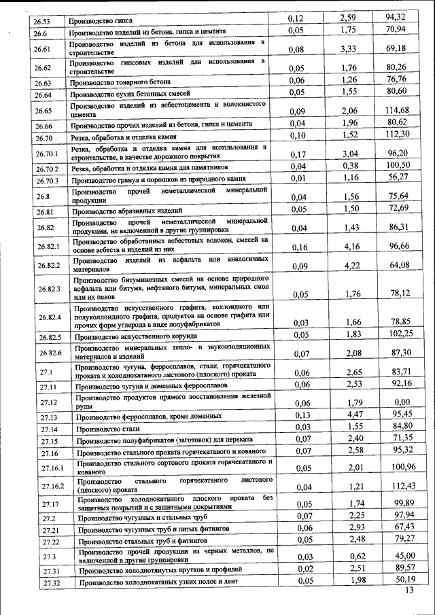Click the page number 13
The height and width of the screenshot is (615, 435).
point(408,591)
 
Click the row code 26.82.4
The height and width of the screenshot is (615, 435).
point(50,317)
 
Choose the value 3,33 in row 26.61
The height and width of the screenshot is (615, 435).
point(351,48)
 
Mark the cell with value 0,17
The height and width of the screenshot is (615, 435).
point(298,154)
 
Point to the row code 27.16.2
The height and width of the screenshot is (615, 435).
point(52,486)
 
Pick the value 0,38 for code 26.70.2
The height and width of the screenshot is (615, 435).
point(351,166)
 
